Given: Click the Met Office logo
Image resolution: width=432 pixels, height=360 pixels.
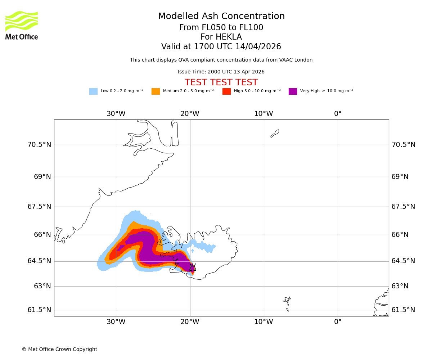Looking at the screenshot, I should pyautogui.click(x=22, y=25).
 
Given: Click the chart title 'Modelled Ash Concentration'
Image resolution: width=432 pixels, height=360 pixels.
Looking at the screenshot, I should pyautogui.click(x=221, y=17).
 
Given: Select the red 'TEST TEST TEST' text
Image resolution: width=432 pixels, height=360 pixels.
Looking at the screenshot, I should pyautogui.click(x=221, y=82).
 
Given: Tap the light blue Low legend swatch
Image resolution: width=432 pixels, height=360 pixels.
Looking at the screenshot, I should pyautogui.click(x=93, y=91).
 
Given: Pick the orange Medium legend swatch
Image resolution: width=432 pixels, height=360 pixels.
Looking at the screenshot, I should pyautogui.click(x=156, y=91).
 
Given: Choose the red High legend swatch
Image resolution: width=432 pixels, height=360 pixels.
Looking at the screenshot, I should pyautogui.click(x=226, y=91).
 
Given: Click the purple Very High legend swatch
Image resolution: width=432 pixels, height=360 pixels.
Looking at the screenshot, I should pyautogui.click(x=293, y=91).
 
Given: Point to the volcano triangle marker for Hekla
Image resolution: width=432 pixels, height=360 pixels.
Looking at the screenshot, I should pyautogui.click(x=193, y=267).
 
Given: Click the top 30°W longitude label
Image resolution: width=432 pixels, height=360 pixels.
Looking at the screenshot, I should pyautogui.click(x=116, y=114).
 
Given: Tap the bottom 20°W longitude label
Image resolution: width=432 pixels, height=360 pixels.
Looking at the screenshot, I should pyautogui.click(x=190, y=322).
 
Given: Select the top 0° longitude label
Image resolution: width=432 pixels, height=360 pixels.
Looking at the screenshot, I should pyautogui.click(x=338, y=114).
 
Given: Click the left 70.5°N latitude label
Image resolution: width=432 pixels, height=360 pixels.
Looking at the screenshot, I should pyautogui.click(x=39, y=145).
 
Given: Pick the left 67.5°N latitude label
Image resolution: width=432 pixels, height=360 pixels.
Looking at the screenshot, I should pyautogui.click(x=39, y=207).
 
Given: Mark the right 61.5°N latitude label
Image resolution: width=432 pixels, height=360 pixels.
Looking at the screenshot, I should pyautogui.click(x=403, y=310).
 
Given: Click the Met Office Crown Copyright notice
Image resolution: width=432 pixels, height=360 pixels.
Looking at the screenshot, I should pyautogui.click(x=59, y=349).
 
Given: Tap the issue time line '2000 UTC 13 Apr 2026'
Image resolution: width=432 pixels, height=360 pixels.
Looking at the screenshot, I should pyautogui.click(x=221, y=72).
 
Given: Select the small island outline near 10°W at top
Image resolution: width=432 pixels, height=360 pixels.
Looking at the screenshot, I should pyautogui.click(x=275, y=134).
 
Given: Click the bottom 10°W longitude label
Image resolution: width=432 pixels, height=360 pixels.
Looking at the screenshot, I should pyautogui.click(x=264, y=322).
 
